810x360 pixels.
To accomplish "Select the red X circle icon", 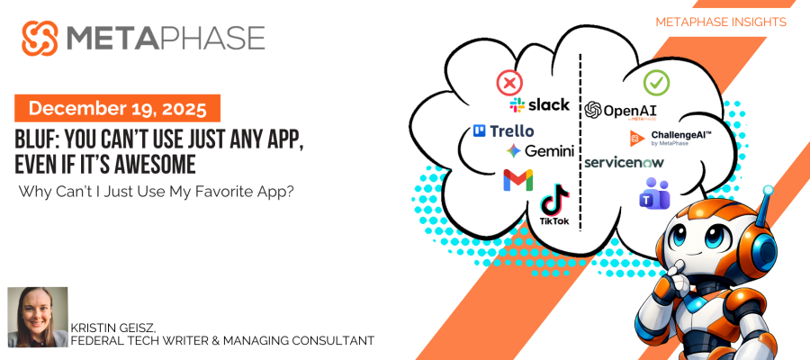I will click(x=509, y=85).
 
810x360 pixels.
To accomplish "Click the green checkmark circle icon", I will click(x=656, y=83).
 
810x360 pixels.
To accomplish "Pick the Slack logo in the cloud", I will click(x=540, y=105).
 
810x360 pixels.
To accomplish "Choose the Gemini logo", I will click(x=540, y=151).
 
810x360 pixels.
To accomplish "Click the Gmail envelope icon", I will click(x=517, y=180).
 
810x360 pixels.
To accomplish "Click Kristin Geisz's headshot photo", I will click(x=38, y=317).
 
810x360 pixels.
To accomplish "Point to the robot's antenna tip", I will click(x=768, y=191).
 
